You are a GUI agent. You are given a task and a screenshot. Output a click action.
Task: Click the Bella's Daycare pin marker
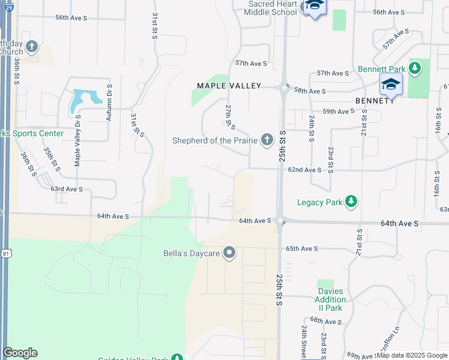point(229,253)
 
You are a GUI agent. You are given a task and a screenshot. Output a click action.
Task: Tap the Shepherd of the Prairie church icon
point(267,140)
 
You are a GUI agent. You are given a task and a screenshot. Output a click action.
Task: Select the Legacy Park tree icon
point(352,202)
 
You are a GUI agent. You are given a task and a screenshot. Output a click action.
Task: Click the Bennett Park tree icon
point(414,68)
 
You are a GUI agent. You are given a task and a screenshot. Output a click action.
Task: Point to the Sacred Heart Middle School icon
point(313,7)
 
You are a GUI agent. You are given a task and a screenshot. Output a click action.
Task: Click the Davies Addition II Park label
point(330,299)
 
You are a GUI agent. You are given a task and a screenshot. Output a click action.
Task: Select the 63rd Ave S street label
point(66,189)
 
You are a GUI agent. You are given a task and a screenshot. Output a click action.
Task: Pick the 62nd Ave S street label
point(305,170)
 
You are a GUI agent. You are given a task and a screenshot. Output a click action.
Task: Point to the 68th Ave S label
point(324,321)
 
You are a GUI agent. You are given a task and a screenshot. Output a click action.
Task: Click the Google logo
point(20,352)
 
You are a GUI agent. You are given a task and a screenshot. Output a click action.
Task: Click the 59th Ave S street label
point(339,112)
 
